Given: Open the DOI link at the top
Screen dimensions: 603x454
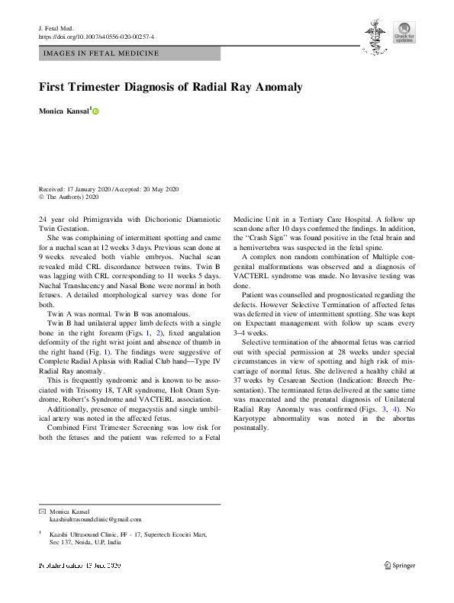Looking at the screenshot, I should tap(96, 36).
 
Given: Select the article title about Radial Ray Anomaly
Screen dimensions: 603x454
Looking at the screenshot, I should tap(170, 87).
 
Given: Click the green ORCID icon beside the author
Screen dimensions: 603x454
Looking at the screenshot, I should tap(96, 112).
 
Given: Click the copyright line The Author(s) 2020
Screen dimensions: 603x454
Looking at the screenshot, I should tap(72, 197).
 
